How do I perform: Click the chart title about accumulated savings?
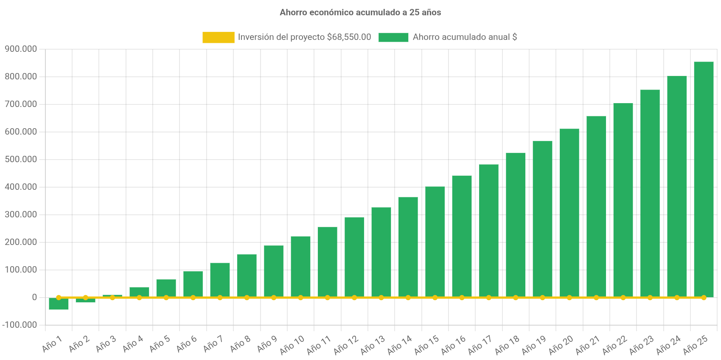(x=360, y=13)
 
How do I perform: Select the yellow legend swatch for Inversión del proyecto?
(x=218, y=37)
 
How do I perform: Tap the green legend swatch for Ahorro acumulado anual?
(x=393, y=37)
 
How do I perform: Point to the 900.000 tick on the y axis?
(x=21, y=49)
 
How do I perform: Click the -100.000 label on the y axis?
(x=20, y=325)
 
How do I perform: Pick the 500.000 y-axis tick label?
(x=21, y=159)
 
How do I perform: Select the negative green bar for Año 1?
(x=59, y=304)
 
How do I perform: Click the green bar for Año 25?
(x=704, y=178)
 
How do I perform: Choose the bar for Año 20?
(x=569, y=212)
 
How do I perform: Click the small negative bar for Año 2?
(x=85, y=301)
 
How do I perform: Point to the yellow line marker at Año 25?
(x=704, y=298)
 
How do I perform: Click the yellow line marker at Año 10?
(x=300, y=298)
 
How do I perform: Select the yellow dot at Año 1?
(x=59, y=298)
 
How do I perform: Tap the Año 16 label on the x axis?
(x=454, y=345)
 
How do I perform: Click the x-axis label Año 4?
(x=133, y=344)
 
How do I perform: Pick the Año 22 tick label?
(x=615, y=345)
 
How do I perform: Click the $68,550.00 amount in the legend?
(x=349, y=37)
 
